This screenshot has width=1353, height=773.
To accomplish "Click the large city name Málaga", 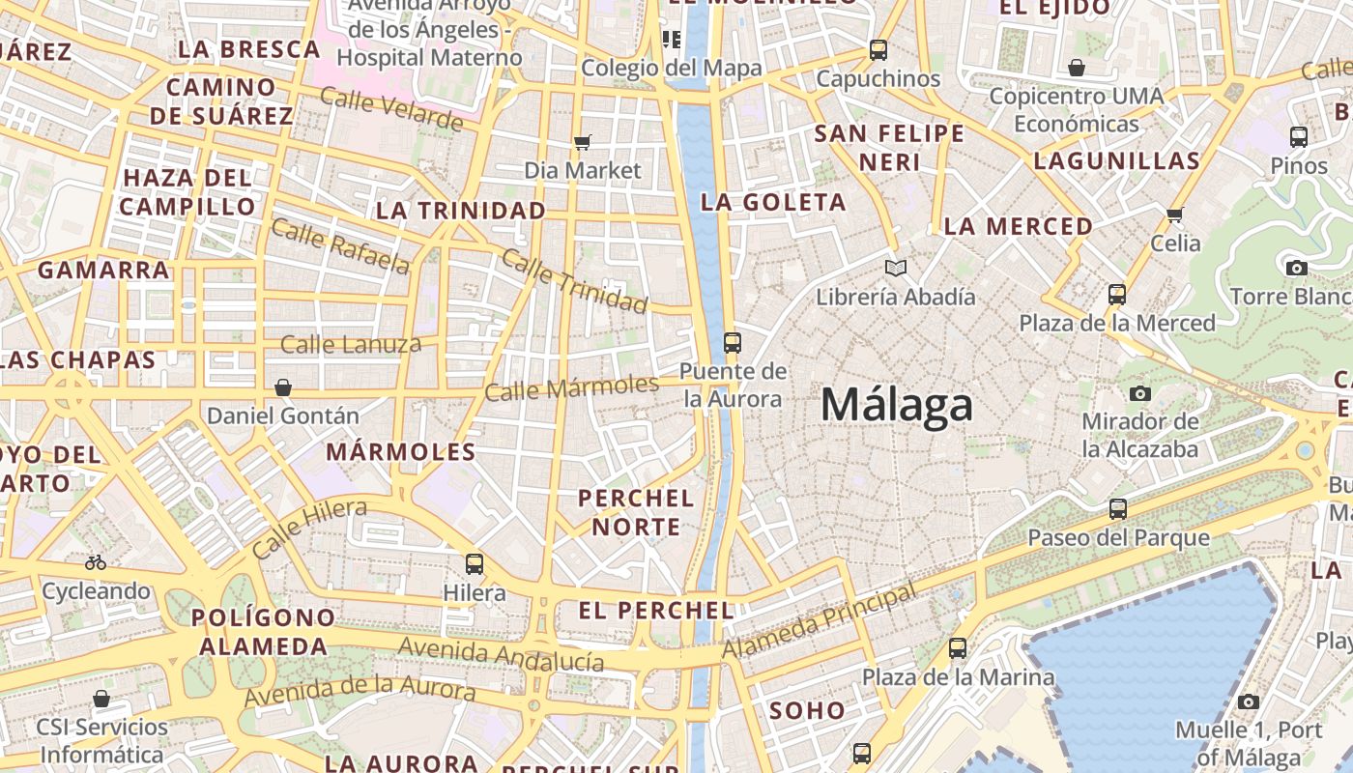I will point(896,406).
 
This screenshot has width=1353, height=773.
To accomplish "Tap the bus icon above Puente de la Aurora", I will point(733,342).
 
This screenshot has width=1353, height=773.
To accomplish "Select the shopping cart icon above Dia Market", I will point(582,143).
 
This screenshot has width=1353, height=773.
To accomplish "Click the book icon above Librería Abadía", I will point(896,268).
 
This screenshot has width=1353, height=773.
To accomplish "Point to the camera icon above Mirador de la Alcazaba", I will point(1140,393).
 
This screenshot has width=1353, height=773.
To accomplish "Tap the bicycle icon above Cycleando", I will point(96,561).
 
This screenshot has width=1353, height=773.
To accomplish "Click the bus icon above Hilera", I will point(474,563).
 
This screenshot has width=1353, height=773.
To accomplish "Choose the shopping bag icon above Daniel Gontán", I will point(283,387).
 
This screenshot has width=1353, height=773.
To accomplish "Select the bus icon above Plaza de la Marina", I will point(958,647).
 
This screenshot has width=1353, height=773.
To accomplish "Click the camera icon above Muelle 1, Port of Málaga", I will point(1249,701).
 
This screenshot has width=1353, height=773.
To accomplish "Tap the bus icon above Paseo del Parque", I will point(1118,508).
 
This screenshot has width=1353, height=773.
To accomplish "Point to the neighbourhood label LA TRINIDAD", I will point(461,211).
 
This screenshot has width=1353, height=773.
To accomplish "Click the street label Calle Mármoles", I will point(571,387).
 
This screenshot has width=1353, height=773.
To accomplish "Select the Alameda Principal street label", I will point(820,619).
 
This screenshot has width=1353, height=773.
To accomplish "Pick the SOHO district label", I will point(807,710).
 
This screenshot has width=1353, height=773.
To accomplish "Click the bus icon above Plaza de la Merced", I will point(1117,294).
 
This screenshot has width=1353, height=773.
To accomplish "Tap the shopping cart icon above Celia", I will point(1175,215).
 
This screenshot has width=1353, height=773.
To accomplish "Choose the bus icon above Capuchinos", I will point(878,49).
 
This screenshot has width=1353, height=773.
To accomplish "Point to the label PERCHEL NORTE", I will point(636,512).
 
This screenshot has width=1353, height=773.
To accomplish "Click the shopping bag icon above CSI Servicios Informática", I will point(101,698).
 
